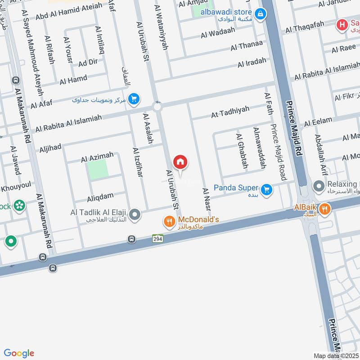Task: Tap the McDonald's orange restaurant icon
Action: tap(169, 221)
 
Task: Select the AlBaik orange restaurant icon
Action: tap(325, 208)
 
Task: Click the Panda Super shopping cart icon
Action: tap(267, 189)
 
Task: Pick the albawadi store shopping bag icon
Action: tap(260, 15)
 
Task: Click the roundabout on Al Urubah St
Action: tap(157, 107)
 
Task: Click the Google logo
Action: tap(19, 353)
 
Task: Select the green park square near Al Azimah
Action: tap(98, 169)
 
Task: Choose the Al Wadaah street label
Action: tap(218, 34)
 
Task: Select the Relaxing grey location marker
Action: tap(319, 186)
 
